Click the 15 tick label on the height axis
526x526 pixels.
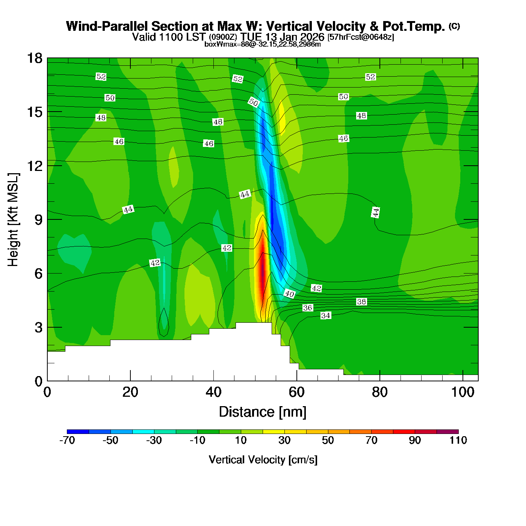[x=35, y=112]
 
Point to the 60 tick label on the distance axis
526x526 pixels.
[x=296, y=392]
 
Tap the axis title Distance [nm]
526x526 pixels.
[x=263, y=412]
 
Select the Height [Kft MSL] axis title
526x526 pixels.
[x=13, y=220]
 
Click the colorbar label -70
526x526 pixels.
[x=67, y=440]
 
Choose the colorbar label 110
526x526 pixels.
[x=458, y=440]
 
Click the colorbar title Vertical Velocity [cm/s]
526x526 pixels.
[x=263, y=460]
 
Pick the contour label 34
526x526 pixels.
[x=326, y=316]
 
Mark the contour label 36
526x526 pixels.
[x=308, y=308]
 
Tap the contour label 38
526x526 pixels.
[x=361, y=302]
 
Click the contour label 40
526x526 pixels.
[x=289, y=294]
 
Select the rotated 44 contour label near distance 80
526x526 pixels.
[x=376, y=212]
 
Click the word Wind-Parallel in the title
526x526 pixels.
[x=107, y=26]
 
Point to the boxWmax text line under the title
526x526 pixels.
[x=263, y=44]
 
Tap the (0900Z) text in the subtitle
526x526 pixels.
[x=223, y=37]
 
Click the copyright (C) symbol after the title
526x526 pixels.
[x=454, y=26]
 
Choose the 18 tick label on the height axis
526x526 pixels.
[x=35, y=58]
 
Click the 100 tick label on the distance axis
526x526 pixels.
[x=463, y=392]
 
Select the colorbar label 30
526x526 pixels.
[x=284, y=440]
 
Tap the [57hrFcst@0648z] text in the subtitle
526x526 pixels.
[x=361, y=37]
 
